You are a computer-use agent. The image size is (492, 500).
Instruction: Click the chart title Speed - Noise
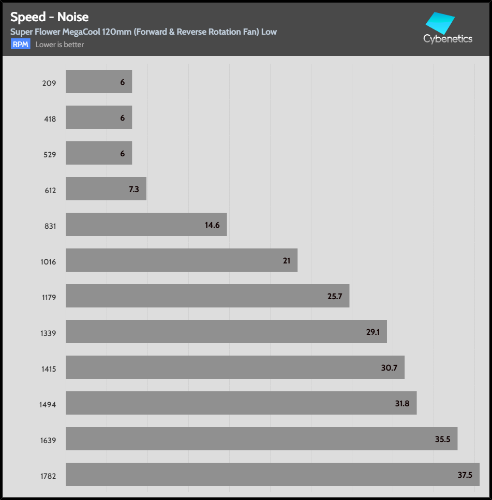50,18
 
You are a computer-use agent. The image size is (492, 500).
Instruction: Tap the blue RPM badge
21,45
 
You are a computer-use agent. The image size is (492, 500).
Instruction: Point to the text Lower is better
59,45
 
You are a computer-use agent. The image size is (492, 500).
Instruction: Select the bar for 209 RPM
99,82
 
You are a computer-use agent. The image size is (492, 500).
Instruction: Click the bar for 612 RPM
106,189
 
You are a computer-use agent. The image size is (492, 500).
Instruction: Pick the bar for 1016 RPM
181,260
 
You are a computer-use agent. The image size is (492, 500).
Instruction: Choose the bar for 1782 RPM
272,474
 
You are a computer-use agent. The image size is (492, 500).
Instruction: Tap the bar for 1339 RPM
226,331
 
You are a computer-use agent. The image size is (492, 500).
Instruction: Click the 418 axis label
50,119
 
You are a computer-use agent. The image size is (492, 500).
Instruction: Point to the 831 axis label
50,226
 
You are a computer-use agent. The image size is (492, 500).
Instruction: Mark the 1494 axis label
48,405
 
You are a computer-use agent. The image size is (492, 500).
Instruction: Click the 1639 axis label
48,440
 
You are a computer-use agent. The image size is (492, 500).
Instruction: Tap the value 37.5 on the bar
465,475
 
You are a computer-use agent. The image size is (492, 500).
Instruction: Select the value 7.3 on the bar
134,189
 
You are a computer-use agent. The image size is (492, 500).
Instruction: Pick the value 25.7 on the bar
335,296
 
